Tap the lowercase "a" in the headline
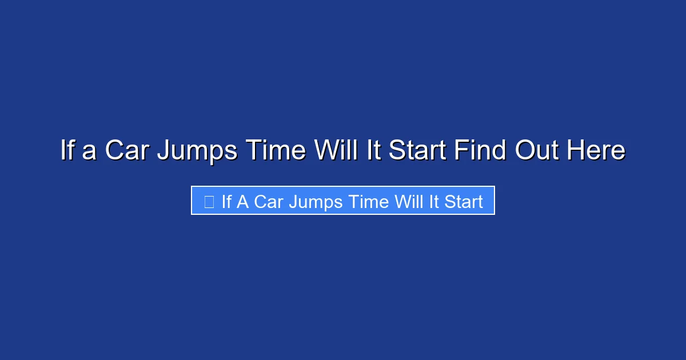89,151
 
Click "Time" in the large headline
276,151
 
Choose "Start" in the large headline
418,151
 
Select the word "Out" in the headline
537,151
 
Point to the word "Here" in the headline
596,151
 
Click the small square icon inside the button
209,201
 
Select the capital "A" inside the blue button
242,201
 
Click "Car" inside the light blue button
269,201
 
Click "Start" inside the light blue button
464,201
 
